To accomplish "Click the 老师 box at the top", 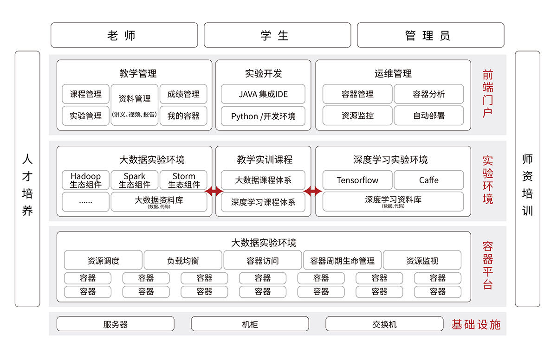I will click(124, 35).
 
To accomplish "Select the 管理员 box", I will click(430, 35).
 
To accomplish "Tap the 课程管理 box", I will click(86, 94).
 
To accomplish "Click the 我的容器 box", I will click(183, 116).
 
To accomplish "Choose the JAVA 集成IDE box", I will click(263, 94).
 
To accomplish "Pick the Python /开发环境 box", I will click(263, 116).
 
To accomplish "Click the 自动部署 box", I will click(429, 116).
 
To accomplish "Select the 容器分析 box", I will click(429, 94).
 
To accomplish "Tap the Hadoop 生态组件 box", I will click(86, 180).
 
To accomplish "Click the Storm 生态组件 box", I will click(183, 180).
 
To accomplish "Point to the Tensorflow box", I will click(357, 180).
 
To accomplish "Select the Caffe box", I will click(429, 180).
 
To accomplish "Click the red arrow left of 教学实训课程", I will click(214, 191).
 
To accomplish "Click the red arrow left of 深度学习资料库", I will click(313, 191).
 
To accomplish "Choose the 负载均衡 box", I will click(183, 261).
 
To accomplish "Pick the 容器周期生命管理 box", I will click(342, 261).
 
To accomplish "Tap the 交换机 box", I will click(384, 324).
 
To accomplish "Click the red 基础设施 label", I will click(476, 324).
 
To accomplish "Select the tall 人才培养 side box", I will click(27, 179).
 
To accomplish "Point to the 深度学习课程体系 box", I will click(263, 202).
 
